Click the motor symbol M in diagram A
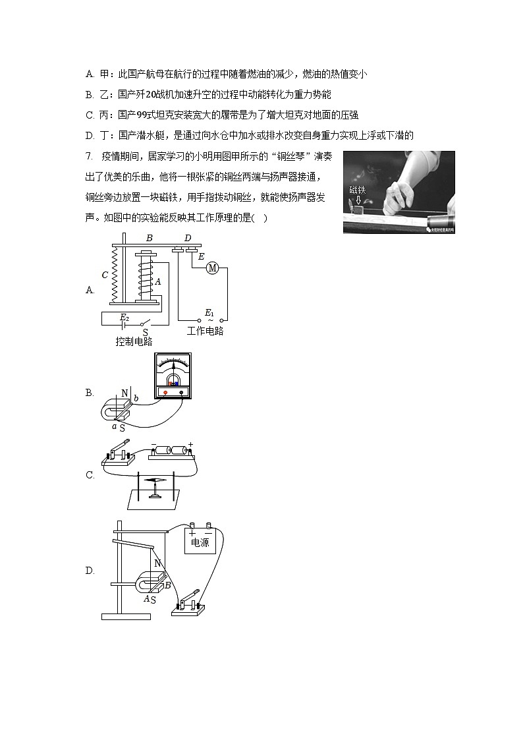click(x=212, y=268)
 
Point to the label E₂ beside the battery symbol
click(x=123, y=317)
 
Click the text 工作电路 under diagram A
click(x=205, y=331)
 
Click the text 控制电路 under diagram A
click(x=134, y=341)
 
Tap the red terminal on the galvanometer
click(x=165, y=391)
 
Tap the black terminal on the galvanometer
click(x=181, y=391)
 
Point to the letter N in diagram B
click(x=123, y=394)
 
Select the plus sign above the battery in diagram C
click(x=191, y=443)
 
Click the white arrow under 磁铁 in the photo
click(x=358, y=200)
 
